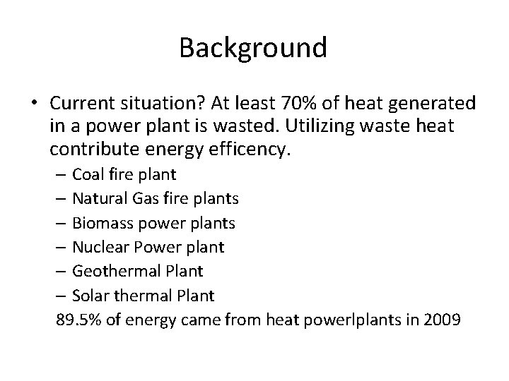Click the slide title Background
click(253, 48)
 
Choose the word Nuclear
click(98, 247)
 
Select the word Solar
click(89, 295)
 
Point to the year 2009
click(443, 320)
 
